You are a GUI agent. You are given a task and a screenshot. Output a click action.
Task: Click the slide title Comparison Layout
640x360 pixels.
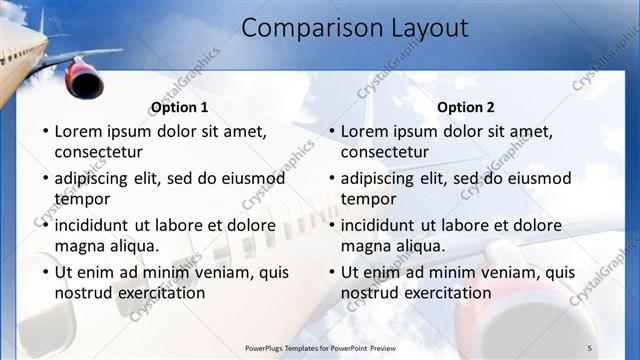pos(354,28)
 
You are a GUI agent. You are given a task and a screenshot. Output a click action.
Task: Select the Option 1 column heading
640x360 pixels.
pos(180,107)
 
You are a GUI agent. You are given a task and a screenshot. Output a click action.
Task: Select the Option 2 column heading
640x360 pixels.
pos(466,107)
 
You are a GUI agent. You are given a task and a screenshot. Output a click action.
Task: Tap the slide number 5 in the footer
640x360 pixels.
pos(589,347)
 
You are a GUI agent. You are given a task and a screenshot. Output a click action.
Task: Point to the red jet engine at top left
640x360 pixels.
pos(85,78)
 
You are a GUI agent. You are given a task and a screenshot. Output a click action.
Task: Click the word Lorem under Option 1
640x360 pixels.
pos(78,131)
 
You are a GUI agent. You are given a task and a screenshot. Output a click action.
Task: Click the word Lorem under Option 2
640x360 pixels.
pos(364,131)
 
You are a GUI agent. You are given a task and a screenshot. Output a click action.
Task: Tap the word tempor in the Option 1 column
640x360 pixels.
pos(82,199)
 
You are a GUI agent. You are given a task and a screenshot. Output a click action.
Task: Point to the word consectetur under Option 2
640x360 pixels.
pos(384,152)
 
